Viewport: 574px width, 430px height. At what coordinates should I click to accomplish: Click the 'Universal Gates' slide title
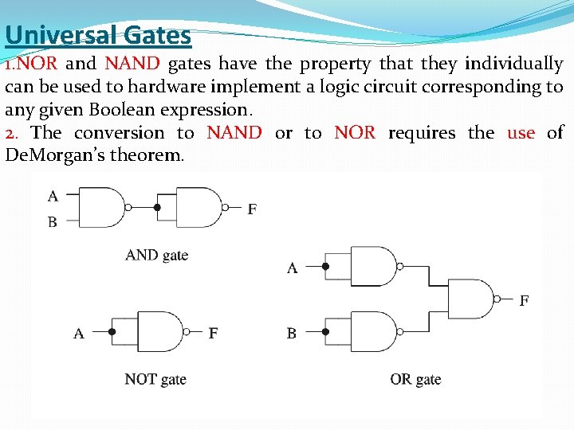point(97,35)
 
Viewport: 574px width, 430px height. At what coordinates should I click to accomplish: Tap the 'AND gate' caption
point(157,255)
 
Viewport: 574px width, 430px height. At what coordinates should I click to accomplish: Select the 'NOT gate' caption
point(155,379)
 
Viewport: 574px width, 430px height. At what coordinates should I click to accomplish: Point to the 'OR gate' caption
point(415,379)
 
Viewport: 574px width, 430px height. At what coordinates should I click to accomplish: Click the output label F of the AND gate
point(252,209)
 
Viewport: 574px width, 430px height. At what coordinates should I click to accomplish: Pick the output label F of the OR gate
point(524,300)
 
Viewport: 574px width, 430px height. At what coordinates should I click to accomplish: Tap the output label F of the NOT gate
point(213,333)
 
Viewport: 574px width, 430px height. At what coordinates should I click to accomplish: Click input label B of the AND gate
point(53,222)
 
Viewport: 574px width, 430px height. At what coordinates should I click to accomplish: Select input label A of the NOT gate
point(78,333)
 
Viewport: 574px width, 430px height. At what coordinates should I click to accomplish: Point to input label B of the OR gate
point(292,333)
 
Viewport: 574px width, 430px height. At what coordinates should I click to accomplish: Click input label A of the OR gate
point(292,268)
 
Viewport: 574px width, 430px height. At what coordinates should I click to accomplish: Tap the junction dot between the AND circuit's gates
point(157,208)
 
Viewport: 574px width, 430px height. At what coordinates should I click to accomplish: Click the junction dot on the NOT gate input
point(112,332)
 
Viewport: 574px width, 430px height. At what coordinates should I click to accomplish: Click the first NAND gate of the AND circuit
point(102,208)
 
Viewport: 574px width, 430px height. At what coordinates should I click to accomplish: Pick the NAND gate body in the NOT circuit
point(160,332)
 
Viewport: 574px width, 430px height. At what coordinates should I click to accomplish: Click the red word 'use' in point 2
point(521,132)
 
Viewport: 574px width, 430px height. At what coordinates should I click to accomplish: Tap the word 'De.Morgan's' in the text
point(51,154)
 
